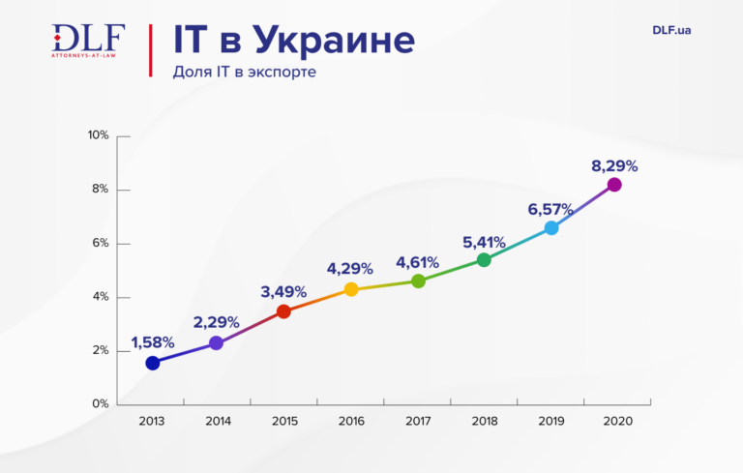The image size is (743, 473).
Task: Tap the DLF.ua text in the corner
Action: pyautogui.click(x=671, y=30)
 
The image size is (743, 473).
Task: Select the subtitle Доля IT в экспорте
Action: pyautogui.click(x=245, y=73)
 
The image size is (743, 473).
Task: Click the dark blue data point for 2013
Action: pyautogui.click(x=152, y=363)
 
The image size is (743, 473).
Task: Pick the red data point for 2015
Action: pyautogui.click(x=283, y=311)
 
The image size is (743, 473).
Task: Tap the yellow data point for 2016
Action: pyautogui.click(x=351, y=289)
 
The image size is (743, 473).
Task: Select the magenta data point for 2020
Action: pyautogui.click(x=613, y=185)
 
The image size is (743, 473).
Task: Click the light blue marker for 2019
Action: pyautogui.click(x=551, y=228)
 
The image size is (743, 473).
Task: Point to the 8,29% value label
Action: pyautogui.click(x=614, y=165)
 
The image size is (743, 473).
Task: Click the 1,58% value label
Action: pyautogui.click(x=152, y=342)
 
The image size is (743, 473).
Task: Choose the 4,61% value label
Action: pyautogui.click(x=417, y=262)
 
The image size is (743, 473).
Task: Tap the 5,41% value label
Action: pyautogui.click(x=484, y=240)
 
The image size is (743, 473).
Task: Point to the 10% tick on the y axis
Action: pyautogui.click(x=98, y=135)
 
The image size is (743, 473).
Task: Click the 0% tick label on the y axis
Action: pyautogui.click(x=101, y=404)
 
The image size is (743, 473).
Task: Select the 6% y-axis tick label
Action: pyautogui.click(x=101, y=243)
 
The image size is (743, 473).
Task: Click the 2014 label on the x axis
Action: pyautogui.click(x=218, y=422)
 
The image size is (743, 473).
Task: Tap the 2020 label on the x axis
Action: pyautogui.click(x=615, y=422)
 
